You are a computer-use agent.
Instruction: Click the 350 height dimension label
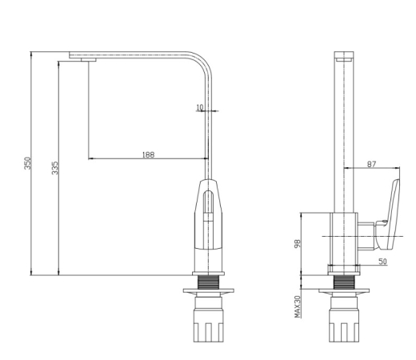point(28,163)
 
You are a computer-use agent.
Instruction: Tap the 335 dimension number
point(55,168)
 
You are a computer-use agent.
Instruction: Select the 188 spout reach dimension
point(148,154)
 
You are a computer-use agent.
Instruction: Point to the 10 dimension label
point(199,107)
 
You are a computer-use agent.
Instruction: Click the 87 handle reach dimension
point(371,164)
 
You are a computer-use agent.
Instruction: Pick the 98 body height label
point(298,244)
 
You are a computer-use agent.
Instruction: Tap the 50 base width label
point(382,262)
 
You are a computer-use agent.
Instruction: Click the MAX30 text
point(298,306)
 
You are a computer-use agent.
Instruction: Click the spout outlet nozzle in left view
point(89,60)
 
